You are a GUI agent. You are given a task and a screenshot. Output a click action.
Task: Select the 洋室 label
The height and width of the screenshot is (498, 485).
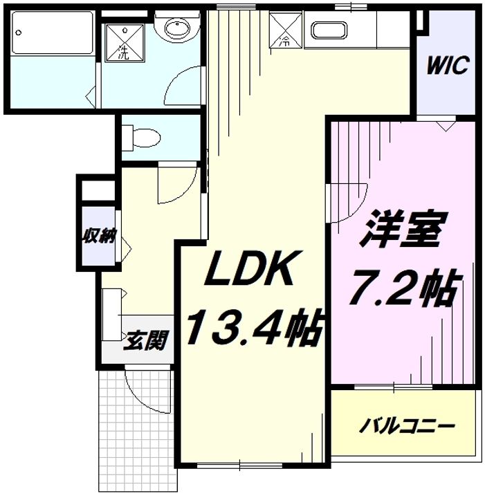(x=401, y=232)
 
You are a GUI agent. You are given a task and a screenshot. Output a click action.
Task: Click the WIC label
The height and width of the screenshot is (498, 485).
(x=448, y=66)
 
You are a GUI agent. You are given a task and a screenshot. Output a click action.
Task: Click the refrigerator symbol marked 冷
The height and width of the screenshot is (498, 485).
(x=284, y=31)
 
